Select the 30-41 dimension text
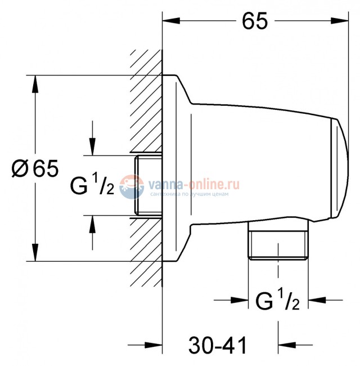tap(218, 344)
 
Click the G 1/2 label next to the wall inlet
tap(92, 185)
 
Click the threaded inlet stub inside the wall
tap(148, 185)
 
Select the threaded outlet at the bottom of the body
tap(278, 244)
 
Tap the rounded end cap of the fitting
tap(339, 169)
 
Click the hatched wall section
tap(145, 113)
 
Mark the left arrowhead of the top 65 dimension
tap(169, 21)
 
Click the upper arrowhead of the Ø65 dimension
tap(35, 82)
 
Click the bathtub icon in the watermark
tap(133, 186)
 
